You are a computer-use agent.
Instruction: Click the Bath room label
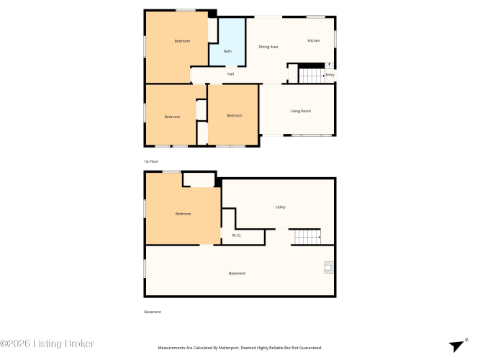point(227,51)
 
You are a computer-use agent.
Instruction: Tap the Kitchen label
point(314,40)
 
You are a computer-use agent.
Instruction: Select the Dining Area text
point(268,47)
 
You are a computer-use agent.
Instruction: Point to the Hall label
point(230,74)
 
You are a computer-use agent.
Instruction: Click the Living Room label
point(301,111)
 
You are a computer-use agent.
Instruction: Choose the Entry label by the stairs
point(330,75)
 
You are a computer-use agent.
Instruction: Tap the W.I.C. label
point(236,235)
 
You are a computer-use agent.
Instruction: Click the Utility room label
point(281,207)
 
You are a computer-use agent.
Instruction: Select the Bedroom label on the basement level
point(183,214)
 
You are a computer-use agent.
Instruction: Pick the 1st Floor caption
point(151,161)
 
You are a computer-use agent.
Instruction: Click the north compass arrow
point(457,346)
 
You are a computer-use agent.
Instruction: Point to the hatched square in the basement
point(329,267)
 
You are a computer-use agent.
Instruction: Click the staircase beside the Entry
point(312,76)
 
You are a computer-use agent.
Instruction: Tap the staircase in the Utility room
point(308,237)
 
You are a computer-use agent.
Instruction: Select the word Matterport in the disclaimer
point(227,348)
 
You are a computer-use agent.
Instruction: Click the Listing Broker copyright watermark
point(47,343)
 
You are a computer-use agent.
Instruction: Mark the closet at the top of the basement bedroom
point(199,180)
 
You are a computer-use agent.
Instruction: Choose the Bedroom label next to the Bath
point(182,41)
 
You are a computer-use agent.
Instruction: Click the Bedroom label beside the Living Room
point(235,115)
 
